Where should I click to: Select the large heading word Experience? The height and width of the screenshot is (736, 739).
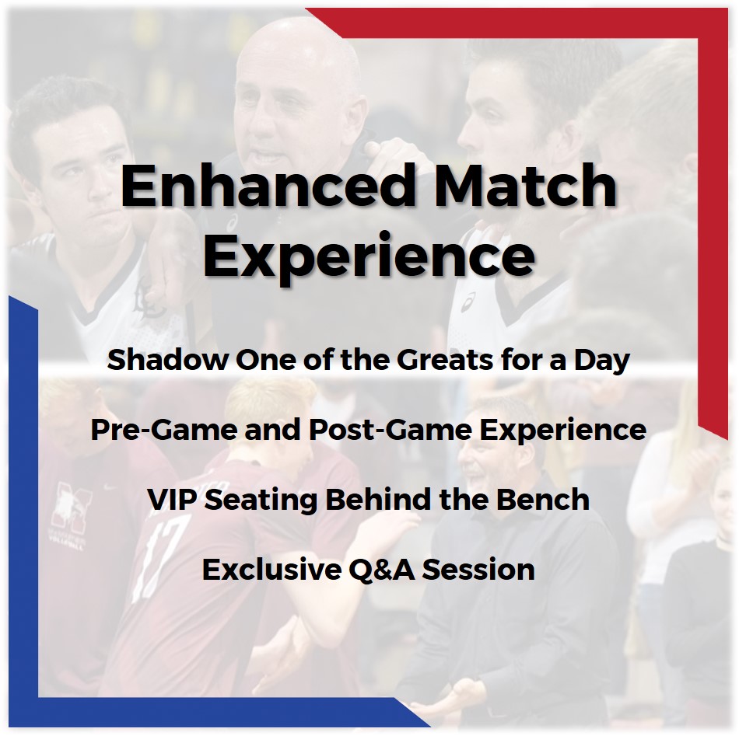click(369, 257)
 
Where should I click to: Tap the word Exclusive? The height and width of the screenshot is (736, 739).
click(272, 569)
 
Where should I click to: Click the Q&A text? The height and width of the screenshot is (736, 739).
click(382, 570)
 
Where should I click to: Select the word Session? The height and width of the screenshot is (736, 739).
click(478, 570)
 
